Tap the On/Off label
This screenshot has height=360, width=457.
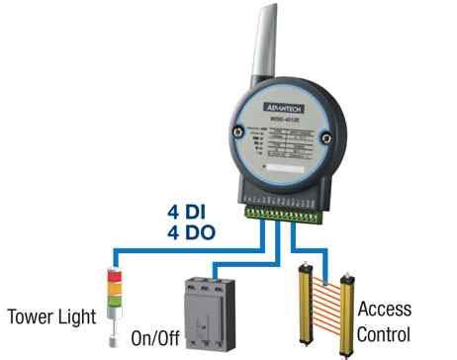point(156,339)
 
